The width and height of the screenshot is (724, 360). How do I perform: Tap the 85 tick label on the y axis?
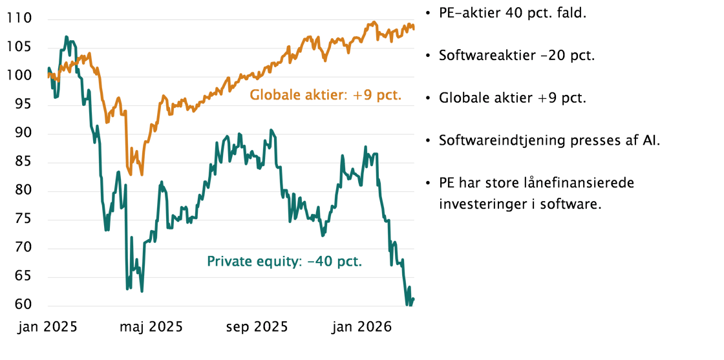point(26,162)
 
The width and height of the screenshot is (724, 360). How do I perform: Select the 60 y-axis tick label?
point(26,306)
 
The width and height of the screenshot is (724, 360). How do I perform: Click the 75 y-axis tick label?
point(26,220)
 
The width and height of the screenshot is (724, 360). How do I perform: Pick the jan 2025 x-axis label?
point(47,326)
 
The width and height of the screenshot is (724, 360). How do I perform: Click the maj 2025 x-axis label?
point(151,326)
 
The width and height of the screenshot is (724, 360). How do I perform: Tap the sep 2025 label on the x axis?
point(257,326)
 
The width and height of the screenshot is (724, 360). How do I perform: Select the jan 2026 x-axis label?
point(361,326)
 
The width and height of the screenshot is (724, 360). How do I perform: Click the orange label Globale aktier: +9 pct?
point(326,96)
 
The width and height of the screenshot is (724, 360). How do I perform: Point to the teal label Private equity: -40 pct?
point(284,261)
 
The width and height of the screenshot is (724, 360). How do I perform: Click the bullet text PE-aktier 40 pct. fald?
point(512,13)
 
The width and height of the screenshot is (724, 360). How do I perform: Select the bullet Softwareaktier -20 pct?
point(516,56)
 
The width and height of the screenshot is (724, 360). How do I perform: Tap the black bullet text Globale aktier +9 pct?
point(512,98)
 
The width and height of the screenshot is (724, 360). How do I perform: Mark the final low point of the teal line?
point(409,304)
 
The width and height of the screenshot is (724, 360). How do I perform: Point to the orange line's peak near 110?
point(373,23)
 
